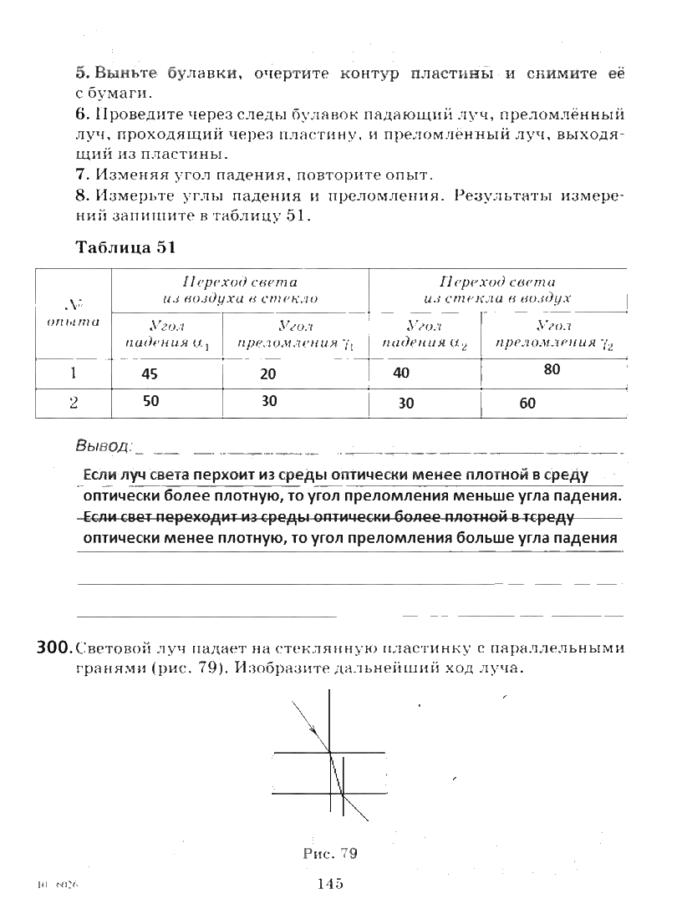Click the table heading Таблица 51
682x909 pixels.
[127, 247]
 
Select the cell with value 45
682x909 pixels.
[150, 374]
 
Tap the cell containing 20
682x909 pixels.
[268, 374]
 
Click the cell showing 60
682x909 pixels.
[527, 404]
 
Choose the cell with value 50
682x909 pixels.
[150, 401]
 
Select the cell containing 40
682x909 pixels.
[401, 374]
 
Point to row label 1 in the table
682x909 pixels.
[74, 373]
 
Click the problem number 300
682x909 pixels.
[52, 647]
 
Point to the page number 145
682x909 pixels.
[331, 884]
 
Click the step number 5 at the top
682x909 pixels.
[79, 74]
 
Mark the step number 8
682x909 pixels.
[80, 197]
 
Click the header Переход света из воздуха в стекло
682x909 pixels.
[242, 290]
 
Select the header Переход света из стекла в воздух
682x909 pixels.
[497, 290]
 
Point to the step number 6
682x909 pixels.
[80, 113]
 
